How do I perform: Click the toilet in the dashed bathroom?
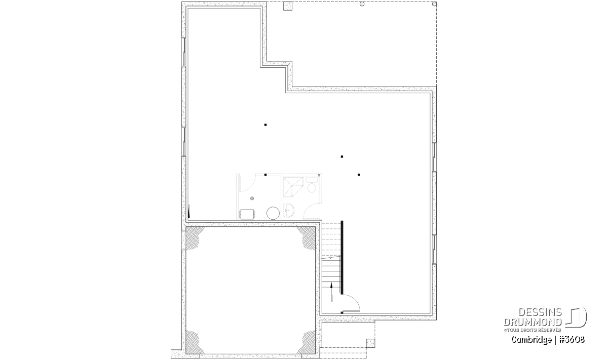pos(312,184)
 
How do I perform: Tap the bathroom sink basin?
pos(289,210)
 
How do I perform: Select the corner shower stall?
pos(293,187)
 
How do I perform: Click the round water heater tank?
pos(273,213)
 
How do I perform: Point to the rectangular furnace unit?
pos(247,214)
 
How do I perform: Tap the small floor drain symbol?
pos(252,198)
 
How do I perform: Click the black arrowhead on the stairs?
pos(331,285)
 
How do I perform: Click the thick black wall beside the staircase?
pos(342,257)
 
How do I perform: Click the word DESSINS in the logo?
pos(540,312)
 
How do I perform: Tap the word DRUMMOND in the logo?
pos(533,322)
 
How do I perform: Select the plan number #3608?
pos(572,339)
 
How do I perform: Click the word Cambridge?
pos(531,340)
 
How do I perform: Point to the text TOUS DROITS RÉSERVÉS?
pos(534,330)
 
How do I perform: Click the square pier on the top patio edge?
pos(288,6)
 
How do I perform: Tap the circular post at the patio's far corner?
pos(434,4)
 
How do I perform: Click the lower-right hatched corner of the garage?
pos(307,343)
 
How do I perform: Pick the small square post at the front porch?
pos(370,343)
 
